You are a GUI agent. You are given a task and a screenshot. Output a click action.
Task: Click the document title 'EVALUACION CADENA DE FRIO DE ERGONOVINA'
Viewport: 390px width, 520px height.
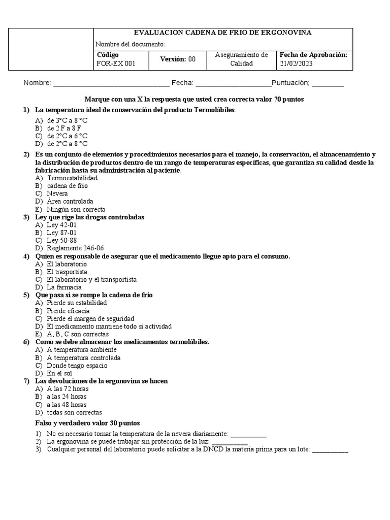coord(222,33)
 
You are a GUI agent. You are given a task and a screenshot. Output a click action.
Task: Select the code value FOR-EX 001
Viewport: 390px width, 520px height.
coord(116,64)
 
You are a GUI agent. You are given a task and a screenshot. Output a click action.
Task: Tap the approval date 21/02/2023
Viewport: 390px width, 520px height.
coord(296,64)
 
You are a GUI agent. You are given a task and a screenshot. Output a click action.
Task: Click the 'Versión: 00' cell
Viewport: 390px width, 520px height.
coord(178,59)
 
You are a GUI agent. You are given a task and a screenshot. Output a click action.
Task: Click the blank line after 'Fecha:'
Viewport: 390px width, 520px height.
coord(233,84)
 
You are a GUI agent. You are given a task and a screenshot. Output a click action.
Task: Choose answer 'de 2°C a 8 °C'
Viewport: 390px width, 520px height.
coord(67,144)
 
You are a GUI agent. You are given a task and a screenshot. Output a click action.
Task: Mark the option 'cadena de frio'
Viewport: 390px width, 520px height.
coord(67,186)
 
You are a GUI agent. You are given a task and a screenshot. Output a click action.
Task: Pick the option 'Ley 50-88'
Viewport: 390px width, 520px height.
coord(61,240)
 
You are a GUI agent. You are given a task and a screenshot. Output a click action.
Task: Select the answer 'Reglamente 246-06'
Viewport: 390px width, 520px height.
coord(75,248)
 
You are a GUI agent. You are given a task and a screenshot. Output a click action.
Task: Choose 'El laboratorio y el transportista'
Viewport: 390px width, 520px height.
coord(91,279)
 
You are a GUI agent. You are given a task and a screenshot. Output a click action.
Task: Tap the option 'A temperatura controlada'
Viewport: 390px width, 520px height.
coord(84,357)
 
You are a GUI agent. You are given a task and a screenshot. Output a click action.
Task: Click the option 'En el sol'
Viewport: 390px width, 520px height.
coord(59,373)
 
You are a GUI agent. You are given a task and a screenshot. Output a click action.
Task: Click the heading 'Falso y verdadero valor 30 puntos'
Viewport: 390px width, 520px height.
coord(87,423)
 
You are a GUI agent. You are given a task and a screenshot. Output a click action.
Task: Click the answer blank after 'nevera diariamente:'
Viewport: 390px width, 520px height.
coord(248,435)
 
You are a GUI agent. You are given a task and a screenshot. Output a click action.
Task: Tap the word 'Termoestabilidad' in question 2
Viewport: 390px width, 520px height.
coord(72,178)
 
